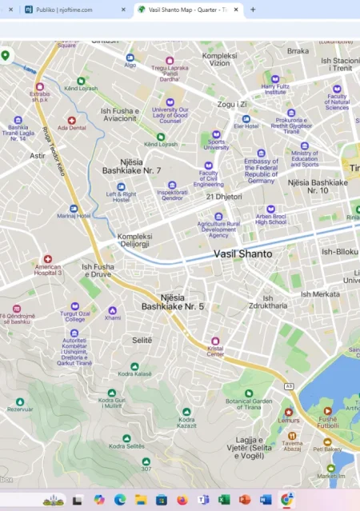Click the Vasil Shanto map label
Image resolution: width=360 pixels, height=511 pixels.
(242, 254)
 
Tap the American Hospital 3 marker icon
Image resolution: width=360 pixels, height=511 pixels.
(47, 259)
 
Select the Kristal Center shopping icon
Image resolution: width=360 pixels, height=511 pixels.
(214, 341)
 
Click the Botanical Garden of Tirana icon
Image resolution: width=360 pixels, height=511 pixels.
(249, 393)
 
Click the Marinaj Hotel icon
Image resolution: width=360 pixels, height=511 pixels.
(74, 208)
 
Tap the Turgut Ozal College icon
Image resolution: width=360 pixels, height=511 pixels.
(74, 306)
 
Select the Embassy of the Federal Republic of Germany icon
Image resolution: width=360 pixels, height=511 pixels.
(261, 153)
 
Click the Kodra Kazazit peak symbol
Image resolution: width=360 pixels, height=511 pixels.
(186, 411)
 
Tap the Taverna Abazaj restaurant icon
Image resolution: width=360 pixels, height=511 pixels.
(292, 436)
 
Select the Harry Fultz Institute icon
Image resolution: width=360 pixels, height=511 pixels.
(275, 79)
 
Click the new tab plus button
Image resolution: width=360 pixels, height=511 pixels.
(253, 10)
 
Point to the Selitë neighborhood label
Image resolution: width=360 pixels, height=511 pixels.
(141, 340)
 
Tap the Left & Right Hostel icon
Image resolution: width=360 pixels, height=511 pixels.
(122, 186)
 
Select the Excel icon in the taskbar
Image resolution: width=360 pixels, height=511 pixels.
(224, 499)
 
